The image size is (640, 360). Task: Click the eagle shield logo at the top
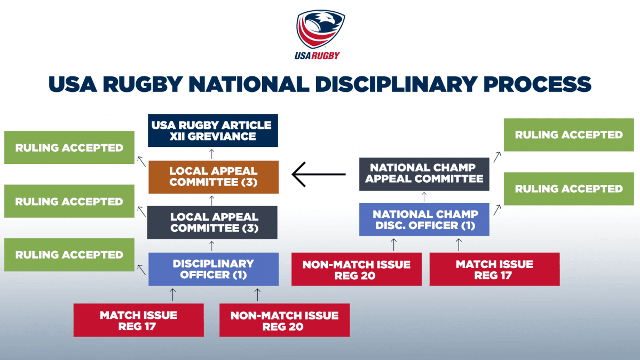click(x=320, y=29)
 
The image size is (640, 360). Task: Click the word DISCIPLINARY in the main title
click(x=396, y=84)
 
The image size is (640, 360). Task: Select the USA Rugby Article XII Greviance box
click(x=212, y=130)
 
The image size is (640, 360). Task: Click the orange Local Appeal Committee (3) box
click(x=214, y=177)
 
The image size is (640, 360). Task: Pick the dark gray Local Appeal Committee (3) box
click(x=212, y=222)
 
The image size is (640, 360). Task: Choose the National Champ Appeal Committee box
click(x=424, y=174)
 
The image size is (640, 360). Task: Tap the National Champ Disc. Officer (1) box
click(x=424, y=220)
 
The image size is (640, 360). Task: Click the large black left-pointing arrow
click(x=319, y=175)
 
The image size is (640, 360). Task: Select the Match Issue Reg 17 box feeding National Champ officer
click(x=494, y=269)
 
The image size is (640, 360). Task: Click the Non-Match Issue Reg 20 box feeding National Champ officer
click(x=357, y=269)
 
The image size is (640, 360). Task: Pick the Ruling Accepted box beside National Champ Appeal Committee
click(x=568, y=135)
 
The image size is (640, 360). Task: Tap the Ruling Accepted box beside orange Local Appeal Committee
click(x=69, y=147)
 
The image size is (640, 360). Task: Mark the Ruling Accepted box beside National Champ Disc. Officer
click(x=568, y=189)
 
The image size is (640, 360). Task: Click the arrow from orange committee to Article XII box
click(x=212, y=154)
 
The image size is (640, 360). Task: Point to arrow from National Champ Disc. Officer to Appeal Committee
click(x=424, y=197)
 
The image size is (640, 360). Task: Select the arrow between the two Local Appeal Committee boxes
click(x=212, y=200)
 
